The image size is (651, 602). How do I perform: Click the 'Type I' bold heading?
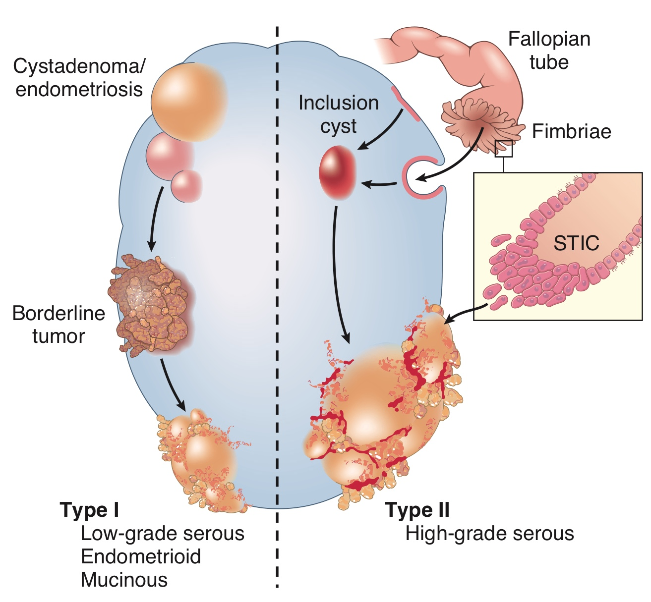(89, 510)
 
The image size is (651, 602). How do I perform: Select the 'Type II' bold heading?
(417, 510)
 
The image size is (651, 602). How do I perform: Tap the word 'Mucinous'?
(124, 580)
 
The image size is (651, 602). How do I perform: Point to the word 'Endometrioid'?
(141, 556)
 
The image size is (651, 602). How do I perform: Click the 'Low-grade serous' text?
(162, 534)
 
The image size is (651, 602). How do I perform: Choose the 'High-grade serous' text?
(489, 534)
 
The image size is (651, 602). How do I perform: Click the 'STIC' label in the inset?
(576, 243)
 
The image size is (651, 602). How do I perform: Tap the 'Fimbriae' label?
(571, 131)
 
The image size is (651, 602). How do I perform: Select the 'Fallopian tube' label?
(549, 51)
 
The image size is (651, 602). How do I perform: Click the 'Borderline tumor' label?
(59, 325)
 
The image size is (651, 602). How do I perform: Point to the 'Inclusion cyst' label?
(338, 114)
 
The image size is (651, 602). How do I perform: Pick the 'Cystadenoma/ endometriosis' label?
(79, 78)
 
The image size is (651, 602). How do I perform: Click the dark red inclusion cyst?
(338, 172)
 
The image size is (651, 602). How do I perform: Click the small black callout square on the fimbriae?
(504, 148)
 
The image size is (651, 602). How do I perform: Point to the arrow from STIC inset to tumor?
(464, 313)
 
